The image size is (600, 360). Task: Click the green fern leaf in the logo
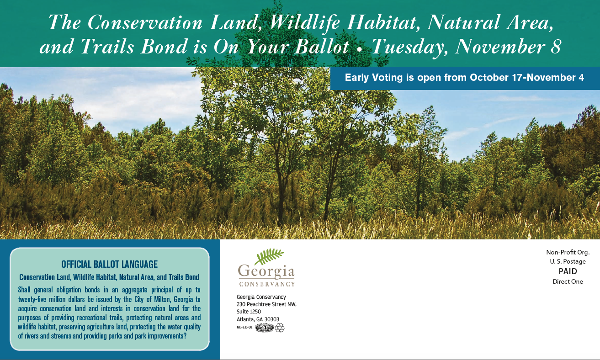point(269,256)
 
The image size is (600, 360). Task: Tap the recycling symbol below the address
point(280,328)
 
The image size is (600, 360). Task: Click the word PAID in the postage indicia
point(568,271)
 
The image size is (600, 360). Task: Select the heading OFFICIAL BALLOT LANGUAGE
point(109,265)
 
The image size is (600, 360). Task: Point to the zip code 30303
point(272,319)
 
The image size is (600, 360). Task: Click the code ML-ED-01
point(244,327)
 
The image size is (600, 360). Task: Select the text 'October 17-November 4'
point(527,77)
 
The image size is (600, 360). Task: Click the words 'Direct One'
point(568,281)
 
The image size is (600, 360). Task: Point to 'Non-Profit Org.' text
point(568,252)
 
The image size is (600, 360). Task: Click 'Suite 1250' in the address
point(249,312)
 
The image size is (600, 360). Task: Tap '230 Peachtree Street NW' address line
point(266,304)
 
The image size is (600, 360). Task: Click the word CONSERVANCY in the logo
point(267,284)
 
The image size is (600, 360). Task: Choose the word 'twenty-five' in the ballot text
point(32,299)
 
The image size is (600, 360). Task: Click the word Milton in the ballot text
point(162,299)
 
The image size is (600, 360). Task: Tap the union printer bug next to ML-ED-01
point(265,327)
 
